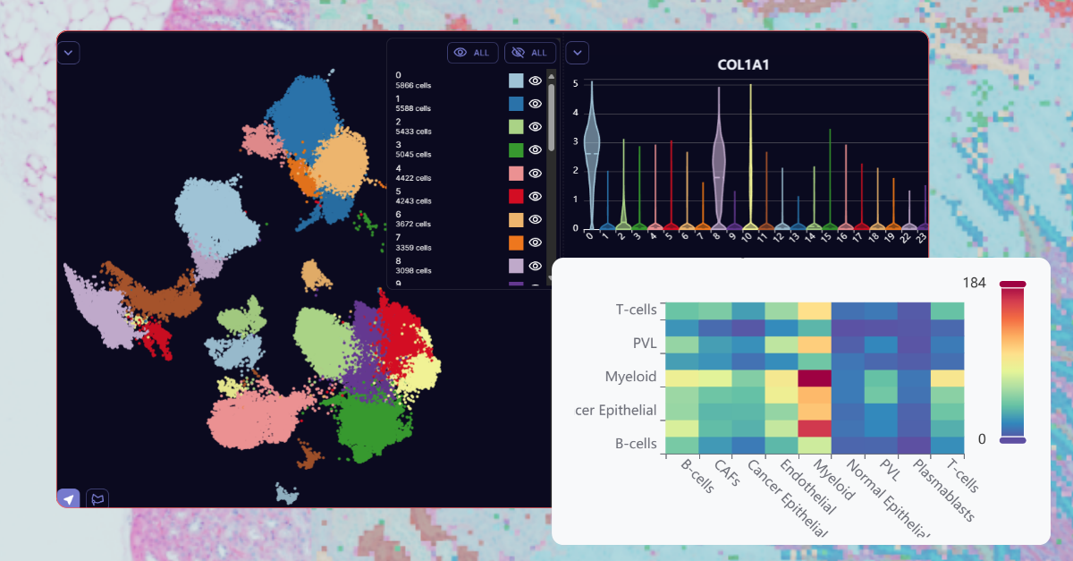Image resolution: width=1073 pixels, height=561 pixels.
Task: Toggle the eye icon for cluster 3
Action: (535, 150)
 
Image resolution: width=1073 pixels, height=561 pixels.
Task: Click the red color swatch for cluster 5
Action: (516, 197)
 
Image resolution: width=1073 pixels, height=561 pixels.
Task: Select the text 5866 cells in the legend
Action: (413, 86)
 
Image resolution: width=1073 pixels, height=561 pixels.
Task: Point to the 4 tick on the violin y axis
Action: (575, 113)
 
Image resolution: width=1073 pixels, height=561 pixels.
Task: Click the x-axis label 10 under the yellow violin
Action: (750, 237)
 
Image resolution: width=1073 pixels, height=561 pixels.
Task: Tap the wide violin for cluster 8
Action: (718, 161)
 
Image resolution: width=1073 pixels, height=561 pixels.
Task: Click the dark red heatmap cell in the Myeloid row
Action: (815, 377)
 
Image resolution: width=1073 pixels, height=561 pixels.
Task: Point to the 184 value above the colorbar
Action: (975, 283)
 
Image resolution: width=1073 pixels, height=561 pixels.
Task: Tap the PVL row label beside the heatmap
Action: (646, 344)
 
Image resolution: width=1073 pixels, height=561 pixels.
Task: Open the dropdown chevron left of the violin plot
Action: (578, 53)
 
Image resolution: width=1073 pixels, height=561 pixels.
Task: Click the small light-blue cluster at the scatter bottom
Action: (287, 493)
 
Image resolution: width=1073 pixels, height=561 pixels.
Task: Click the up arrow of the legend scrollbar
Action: (551, 78)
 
